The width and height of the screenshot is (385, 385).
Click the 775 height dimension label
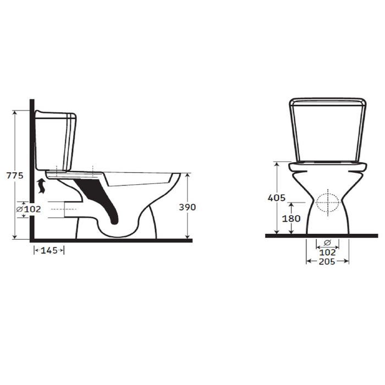pyautogui.click(x=13, y=176)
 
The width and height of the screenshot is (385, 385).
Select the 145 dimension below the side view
pyautogui.click(x=50, y=251)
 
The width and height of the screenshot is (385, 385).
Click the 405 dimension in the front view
pyautogui.click(x=277, y=197)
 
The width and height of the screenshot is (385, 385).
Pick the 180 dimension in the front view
pyautogui.click(x=291, y=218)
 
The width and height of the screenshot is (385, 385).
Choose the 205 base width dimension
pyautogui.click(x=328, y=262)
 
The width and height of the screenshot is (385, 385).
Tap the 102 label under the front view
pyautogui.click(x=327, y=252)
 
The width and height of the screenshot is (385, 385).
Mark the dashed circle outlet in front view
pyautogui.click(x=328, y=202)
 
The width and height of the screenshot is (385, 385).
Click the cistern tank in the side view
pyautogui.click(x=55, y=140)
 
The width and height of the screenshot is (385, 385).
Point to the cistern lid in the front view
pyautogui.click(x=328, y=101)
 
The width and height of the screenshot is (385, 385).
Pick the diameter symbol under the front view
pyautogui.click(x=327, y=243)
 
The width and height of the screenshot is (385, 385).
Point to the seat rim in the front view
pyautogui.click(x=328, y=164)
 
